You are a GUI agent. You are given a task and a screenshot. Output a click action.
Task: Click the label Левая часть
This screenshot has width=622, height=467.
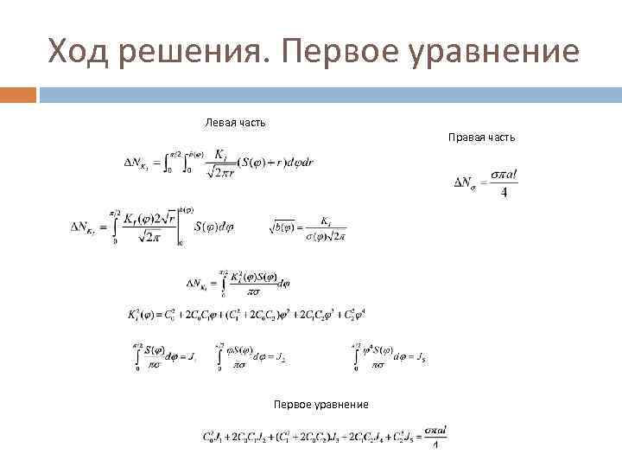(x=235, y=122)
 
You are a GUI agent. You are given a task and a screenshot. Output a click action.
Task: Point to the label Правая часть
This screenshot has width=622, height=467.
(x=481, y=138)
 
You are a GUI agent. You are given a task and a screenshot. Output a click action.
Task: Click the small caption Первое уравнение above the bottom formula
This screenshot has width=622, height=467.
(x=321, y=405)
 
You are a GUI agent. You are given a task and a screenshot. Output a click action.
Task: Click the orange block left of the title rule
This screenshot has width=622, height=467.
(x=18, y=94)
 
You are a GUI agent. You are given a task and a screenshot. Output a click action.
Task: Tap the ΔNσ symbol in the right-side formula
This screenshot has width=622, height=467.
(x=464, y=182)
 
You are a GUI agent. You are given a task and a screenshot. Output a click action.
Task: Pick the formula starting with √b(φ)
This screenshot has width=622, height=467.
(x=309, y=228)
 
